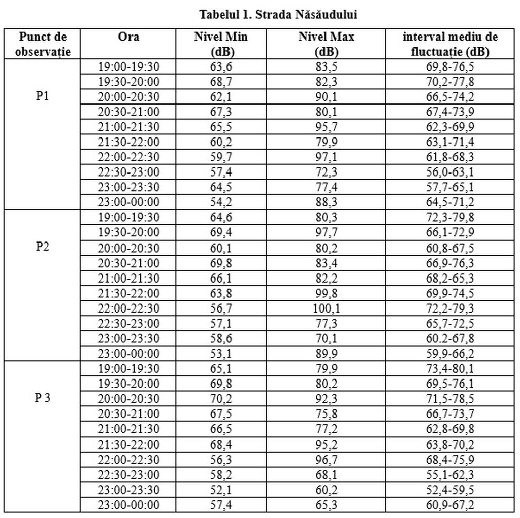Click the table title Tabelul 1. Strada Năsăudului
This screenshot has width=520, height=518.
click(x=278, y=15)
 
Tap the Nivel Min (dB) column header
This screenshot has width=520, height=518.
click(x=221, y=44)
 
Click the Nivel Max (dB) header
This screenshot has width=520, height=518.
click(x=327, y=44)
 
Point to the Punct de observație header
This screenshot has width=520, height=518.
click(x=43, y=44)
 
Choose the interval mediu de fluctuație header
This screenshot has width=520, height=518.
click(x=450, y=44)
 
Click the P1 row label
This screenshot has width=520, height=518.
click(x=43, y=96)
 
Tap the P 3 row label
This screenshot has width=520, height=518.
click(x=43, y=397)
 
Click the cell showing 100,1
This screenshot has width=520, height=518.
click(x=327, y=308)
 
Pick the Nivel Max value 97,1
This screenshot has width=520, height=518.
click(x=327, y=157)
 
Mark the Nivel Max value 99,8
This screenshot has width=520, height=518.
click(x=327, y=293)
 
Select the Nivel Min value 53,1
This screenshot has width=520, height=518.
click(x=221, y=354)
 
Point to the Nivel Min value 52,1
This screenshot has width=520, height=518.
click(x=221, y=490)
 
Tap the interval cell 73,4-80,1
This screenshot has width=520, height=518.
click(x=450, y=368)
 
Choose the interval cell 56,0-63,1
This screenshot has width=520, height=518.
click(x=450, y=172)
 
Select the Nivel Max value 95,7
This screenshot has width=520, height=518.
click(x=327, y=127)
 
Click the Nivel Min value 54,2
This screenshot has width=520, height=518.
click(x=221, y=203)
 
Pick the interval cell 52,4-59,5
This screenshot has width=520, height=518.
click(x=450, y=490)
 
